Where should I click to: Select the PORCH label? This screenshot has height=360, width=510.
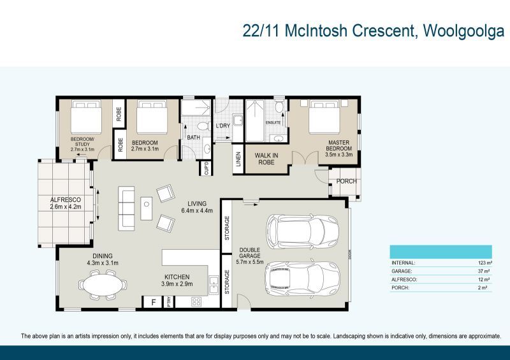tap(346, 182)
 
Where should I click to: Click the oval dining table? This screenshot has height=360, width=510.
tap(102, 284)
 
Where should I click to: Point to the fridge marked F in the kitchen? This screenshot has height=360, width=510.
tap(153, 302)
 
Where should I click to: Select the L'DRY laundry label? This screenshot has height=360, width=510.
tap(222, 126)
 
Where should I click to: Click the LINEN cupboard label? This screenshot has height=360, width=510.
tap(238, 160)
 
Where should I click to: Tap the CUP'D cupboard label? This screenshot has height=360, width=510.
tap(206, 168)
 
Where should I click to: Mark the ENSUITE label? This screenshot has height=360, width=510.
tap(273, 123)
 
